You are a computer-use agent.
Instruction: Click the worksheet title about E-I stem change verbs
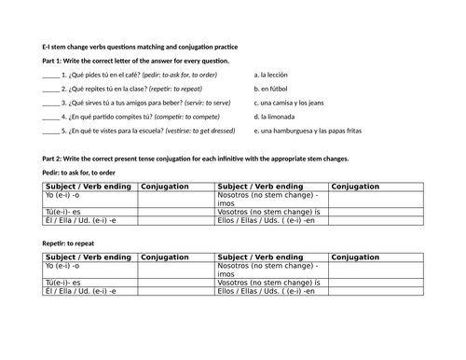coord(140,46)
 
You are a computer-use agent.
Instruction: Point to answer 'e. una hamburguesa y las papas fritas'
coord(315,132)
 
